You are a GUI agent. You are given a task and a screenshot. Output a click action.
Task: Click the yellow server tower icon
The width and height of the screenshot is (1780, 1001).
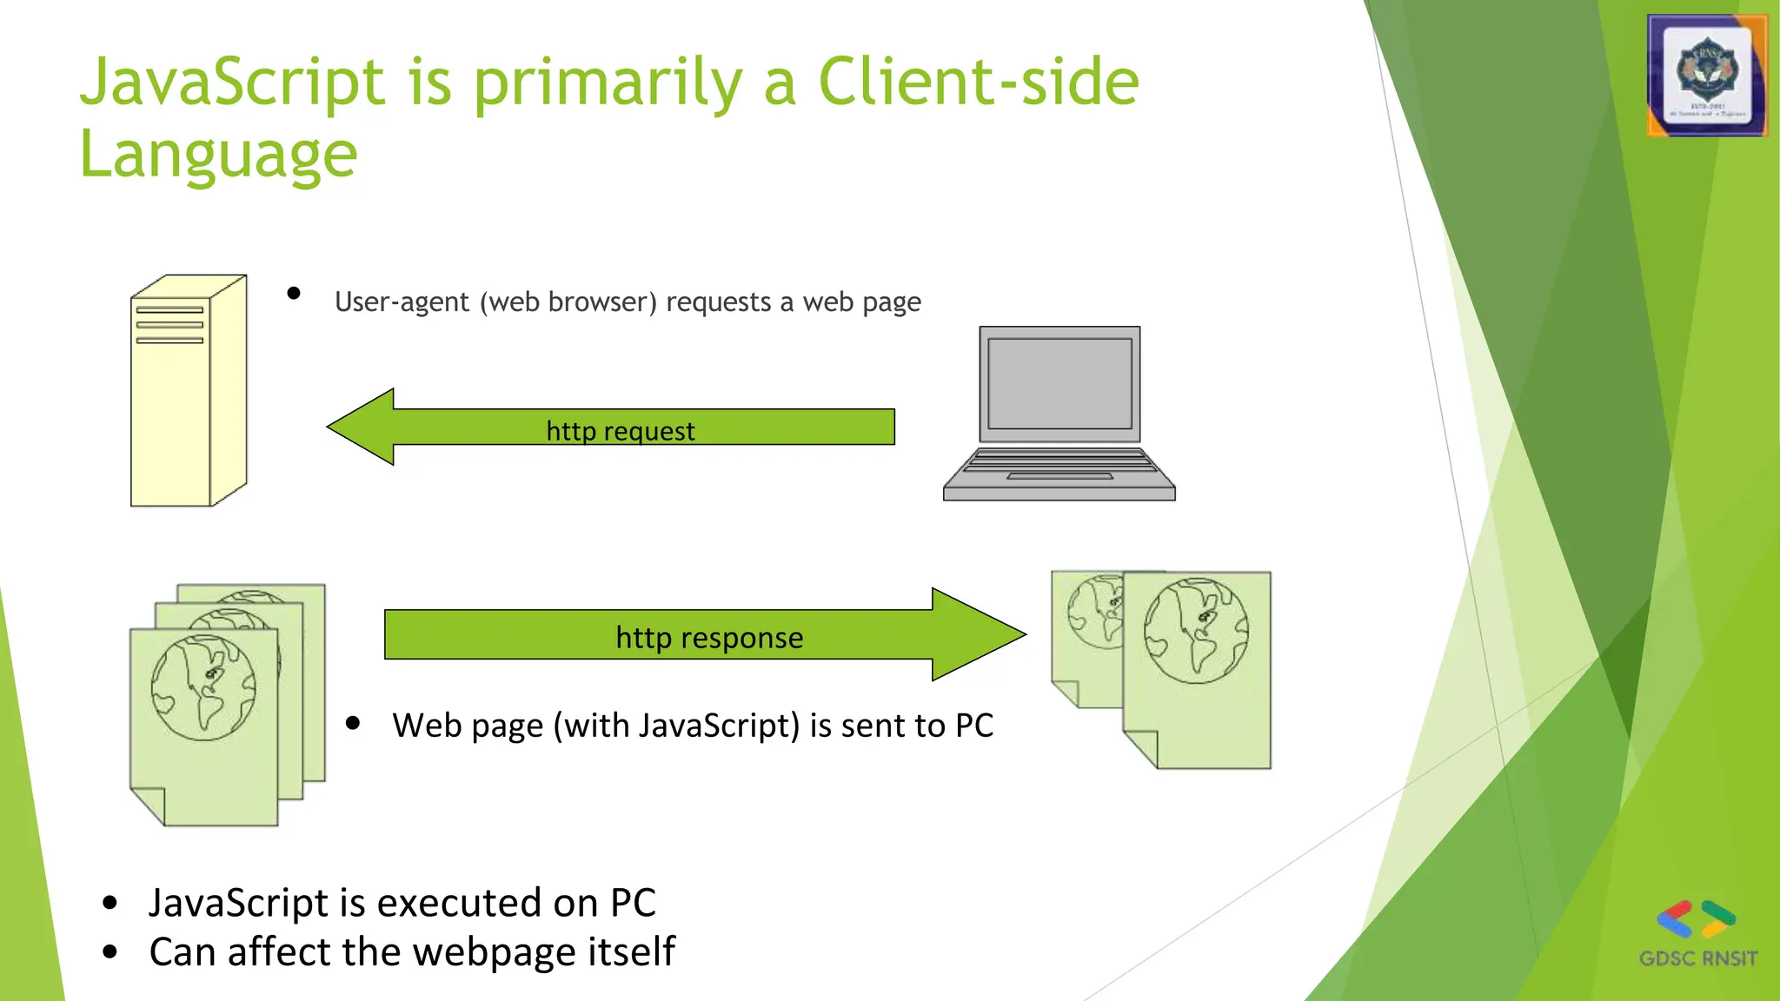pyautogui.click(x=188, y=391)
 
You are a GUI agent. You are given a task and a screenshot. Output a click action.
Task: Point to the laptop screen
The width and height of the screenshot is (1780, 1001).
pyautogui.click(x=1059, y=384)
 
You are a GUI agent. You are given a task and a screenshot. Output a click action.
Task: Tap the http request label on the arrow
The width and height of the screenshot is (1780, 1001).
pyautogui.click(x=621, y=431)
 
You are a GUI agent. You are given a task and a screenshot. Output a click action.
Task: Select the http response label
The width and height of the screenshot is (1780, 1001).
pyautogui.click(x=709, y=638)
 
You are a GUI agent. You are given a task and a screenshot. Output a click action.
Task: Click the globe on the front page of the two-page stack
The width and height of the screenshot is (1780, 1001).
pyautogui.click(x=1196, y=631)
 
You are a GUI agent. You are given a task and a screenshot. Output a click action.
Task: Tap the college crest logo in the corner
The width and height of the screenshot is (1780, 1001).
pyautogui.click(x=1707, y=76)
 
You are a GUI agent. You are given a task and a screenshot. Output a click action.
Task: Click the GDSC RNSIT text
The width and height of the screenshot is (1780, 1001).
pyautogui.click(x=1697, y=958)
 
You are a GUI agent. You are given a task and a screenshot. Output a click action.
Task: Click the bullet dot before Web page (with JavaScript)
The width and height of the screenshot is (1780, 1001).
pyautogui.click(x=353, y=723)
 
